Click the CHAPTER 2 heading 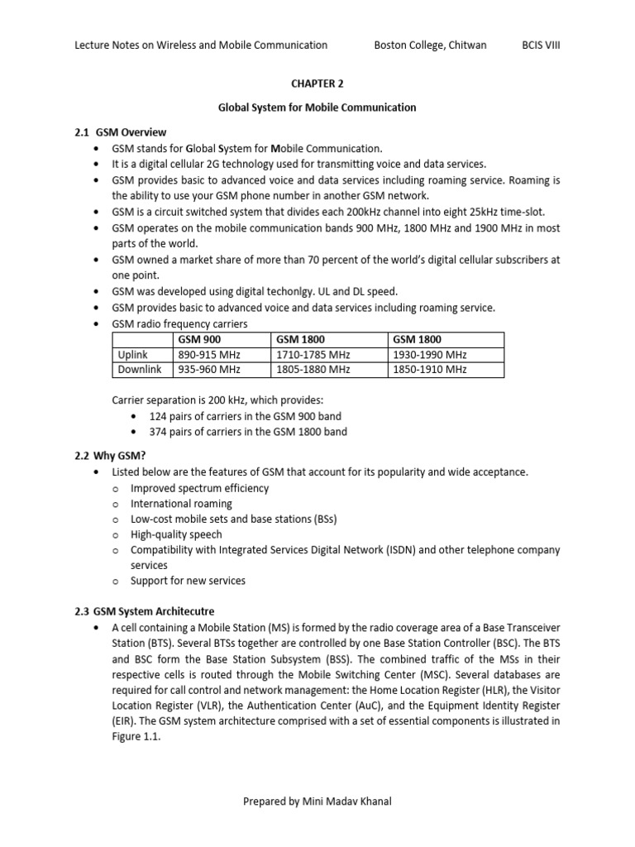pyautogui.click(x=317, y=84)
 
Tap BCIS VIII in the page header pyautogui.click(x=540, y=45)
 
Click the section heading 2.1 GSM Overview pyautogui.click(x=120, y=132)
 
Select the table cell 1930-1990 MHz pyautogui.click(x=429, y=354)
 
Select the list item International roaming pyautogui.click(x=181, y=504)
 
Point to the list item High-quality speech pyautogui.click(x=176, y=534)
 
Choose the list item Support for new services pyautogui.click(x=188, y=581)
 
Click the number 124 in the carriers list pyautogui.click(x=158, y=416)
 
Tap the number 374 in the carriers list pyautogui.click(x=158, y=432)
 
